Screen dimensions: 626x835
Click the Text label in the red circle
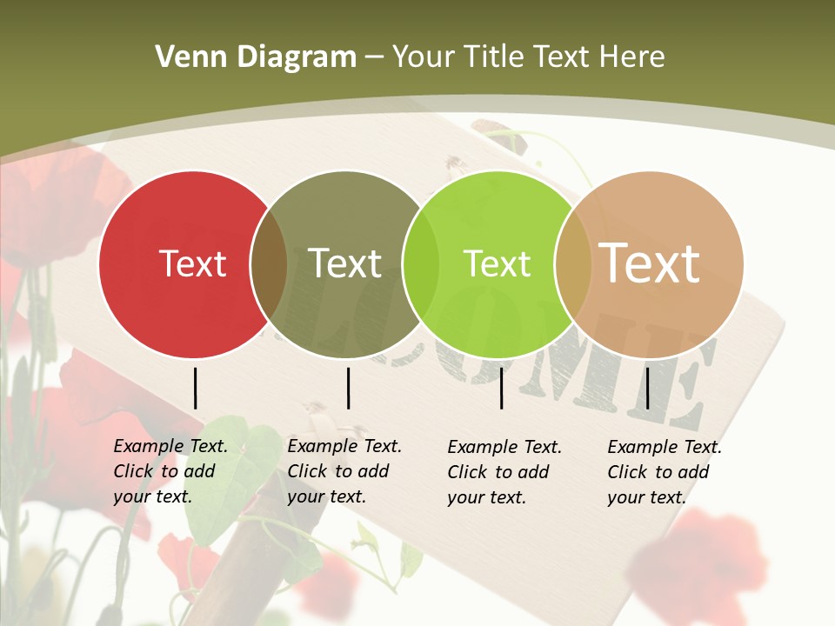192,263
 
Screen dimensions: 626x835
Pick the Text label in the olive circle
344,263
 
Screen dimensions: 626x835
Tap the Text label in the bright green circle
497,263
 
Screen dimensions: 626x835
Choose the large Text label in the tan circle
649,263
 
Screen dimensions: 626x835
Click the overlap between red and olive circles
269,264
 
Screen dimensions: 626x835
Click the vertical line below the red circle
195,388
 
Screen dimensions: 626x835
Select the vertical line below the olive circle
348,388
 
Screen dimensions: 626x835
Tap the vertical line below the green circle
501,388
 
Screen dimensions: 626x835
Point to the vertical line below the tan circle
648,388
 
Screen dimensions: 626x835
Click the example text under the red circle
170,471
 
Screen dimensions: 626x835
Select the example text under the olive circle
344,471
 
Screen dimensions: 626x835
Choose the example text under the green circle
504,472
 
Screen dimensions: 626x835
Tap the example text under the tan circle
665,472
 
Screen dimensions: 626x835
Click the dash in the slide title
374,58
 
